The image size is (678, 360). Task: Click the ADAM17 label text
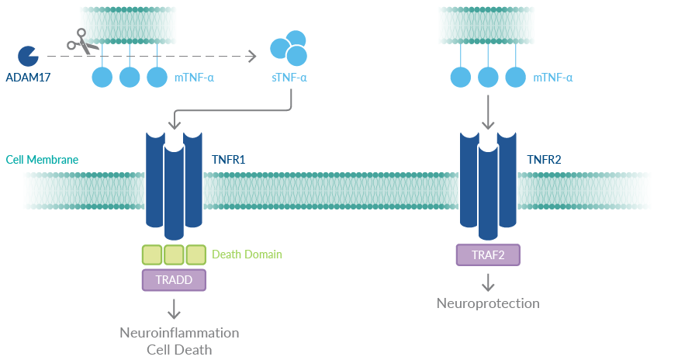click(x=28, y=78)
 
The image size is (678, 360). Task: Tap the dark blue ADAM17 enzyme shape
click(x=28, y=56)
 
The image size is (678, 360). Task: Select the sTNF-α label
click(x=289, y=78)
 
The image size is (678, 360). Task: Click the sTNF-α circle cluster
click(x=288, y=49)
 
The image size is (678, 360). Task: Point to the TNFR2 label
click(x=544, y=160)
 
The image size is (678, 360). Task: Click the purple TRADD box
click(x=174, y=279)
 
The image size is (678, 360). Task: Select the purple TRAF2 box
click(x=487, y=254)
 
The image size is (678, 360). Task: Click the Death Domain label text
click(x=247, y=254)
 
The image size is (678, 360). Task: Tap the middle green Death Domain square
click(x=174, y=254)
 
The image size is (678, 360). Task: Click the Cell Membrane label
click(x=42, y=160)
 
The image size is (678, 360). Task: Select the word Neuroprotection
click(x=488, y=303)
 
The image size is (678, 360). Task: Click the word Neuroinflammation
click(x=179, y=333)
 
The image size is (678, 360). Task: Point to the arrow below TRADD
click(x=174, y=307)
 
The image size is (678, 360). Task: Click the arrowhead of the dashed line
click(x=251, y=56)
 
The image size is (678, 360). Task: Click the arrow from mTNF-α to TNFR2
click(x=487, y=113)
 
